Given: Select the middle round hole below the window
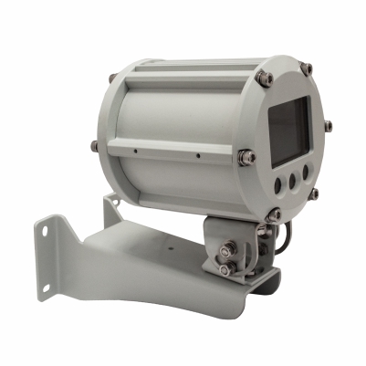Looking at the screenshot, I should click(x=292, y=181).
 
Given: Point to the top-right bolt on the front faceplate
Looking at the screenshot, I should click(x=308, y=68).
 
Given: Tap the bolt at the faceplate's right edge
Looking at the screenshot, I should click(x=328, y=125).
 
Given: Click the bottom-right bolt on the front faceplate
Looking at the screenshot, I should click(x=314, y=193).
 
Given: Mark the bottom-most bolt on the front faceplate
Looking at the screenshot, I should click(x=274, y=214).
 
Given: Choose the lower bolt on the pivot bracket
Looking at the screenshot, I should click(x=225, y=270).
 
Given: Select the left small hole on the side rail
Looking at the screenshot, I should click(x=134, y=149).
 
